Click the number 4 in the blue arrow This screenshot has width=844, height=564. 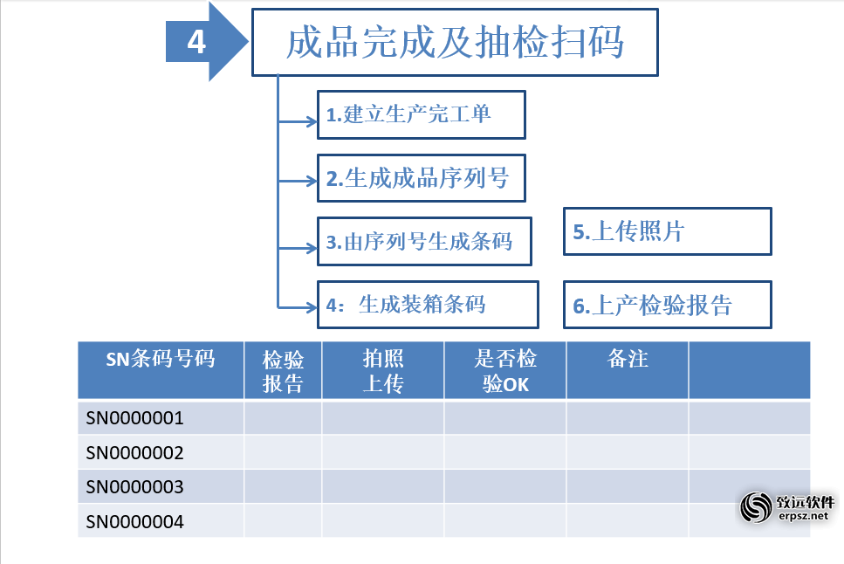coord(196,42)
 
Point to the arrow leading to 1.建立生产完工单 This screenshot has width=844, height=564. coord(298,121)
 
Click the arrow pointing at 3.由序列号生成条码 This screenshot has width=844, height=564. coord(298,248)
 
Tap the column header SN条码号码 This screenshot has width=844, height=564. coord(161,359)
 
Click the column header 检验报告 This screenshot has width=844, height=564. coord(283,372)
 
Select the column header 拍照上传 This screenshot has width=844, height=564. coord(383,371)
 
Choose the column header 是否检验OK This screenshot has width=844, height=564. coord(505,371)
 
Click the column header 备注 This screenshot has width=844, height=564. coord(628,359)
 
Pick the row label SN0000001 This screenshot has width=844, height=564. coord(134,418)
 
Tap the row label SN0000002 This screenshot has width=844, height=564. coord(134,452)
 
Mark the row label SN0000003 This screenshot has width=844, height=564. coord(134,487)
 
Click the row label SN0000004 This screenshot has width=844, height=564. coord(134,521)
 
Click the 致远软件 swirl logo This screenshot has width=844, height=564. coord(756,507)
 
